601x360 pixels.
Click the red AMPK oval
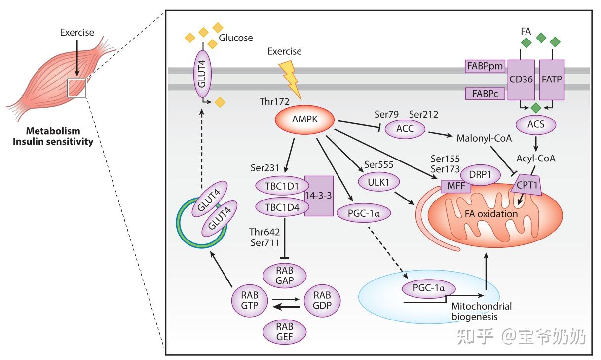click(305, 120)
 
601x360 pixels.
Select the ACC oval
click(405, 129)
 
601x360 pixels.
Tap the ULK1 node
click(378, 182)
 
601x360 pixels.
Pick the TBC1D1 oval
click(282, 186)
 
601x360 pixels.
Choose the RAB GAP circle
click(284, 276)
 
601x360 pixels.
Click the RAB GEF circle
click(284, 332)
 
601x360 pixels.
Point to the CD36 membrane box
click(521, 80)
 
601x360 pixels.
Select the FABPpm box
click(485, 66)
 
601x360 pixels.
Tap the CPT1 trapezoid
click(526, 185)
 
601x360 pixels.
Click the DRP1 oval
click(480, 175)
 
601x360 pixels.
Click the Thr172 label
click(274, 101)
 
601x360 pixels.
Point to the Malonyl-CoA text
click(484, 138)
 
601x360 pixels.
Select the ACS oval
click(536, 124)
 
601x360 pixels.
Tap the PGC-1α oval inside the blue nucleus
click(429, 288)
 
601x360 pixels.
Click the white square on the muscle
click(76, 88)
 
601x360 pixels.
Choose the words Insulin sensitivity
click(53, 141)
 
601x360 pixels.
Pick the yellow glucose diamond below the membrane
click(220, 102)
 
